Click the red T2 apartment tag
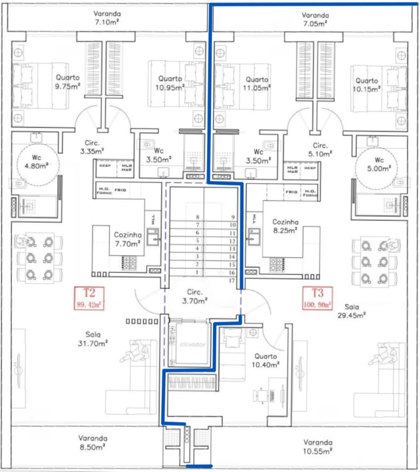coord(89,298)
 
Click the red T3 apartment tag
coord(317,298)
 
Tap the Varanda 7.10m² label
coord(107,18)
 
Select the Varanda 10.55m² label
coord(317,447)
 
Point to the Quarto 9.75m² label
coord(68,82)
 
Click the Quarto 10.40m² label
coord(265,360)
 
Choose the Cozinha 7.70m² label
coord(128,239)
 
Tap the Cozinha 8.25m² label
coord(285,226)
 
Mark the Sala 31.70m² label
coord(93,339)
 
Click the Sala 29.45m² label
coord(351,311)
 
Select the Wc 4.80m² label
coord(36,162)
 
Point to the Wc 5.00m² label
coord(379,164)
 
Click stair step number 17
coord(232,280)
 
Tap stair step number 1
coord(197,272)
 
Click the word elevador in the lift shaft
coord(192,344)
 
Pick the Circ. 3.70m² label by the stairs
coord(195,296)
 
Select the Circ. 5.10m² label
coord(320,150)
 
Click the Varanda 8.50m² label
coord(93,442)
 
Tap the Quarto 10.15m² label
coord(367,85)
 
